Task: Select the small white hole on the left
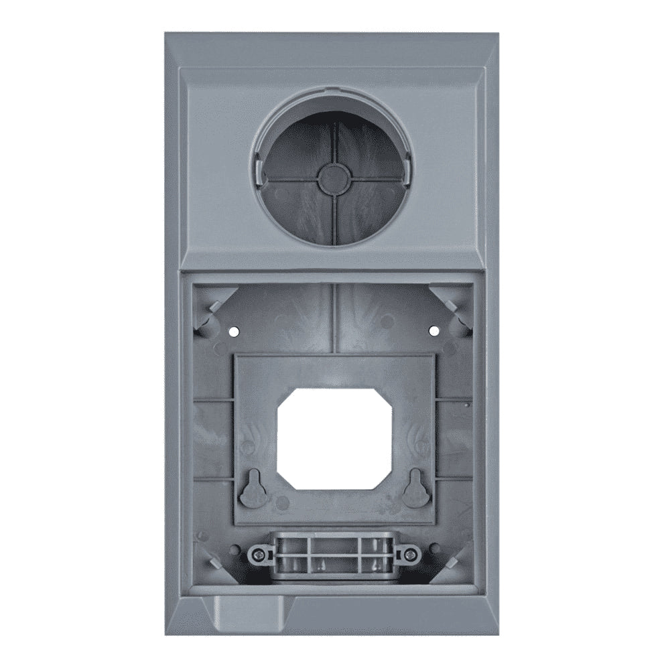[233, 330]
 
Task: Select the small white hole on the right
[433, 330]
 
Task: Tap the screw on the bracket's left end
[257, 553]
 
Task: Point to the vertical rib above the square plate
[332, 319]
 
